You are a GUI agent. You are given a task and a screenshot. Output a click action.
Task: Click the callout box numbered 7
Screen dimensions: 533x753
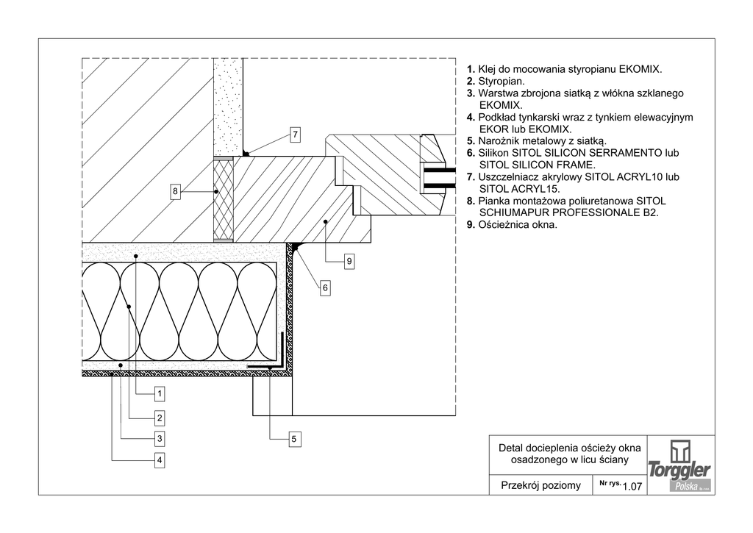coord(294,135)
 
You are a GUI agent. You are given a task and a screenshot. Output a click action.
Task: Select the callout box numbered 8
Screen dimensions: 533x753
coord(175,192)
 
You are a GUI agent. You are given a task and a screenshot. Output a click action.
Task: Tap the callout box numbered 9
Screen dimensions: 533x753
coord(349,260)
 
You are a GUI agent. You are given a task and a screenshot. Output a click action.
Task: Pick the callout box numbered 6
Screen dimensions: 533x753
coord(324,289)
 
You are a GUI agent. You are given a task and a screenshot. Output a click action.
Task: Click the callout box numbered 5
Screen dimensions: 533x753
coord(293,440)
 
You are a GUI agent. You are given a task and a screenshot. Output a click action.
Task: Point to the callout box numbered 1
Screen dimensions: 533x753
coord(159,394)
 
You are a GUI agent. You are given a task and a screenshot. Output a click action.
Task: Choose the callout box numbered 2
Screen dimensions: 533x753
coord(159,418)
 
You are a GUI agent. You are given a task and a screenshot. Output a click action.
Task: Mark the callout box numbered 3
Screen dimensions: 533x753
coord(159,440)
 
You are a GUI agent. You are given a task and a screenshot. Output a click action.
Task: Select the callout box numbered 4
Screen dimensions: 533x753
coord(159,461)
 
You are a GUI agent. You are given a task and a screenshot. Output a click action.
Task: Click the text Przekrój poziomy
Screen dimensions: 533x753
coord(540,485)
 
